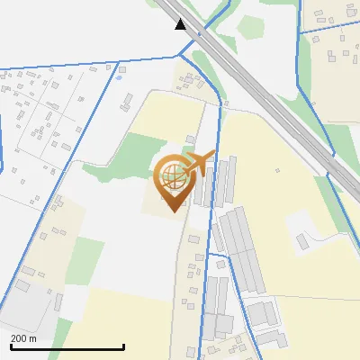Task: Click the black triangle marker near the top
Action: point(182,24)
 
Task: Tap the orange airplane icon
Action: point(198,163)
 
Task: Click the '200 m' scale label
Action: point(23,338)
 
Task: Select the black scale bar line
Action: point(67,346)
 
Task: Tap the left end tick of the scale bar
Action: point(11,345)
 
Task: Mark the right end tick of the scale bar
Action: point(123,345)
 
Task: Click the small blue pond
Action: point(118,77)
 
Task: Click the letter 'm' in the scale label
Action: point(33,338)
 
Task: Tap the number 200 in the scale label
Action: point(19,338)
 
